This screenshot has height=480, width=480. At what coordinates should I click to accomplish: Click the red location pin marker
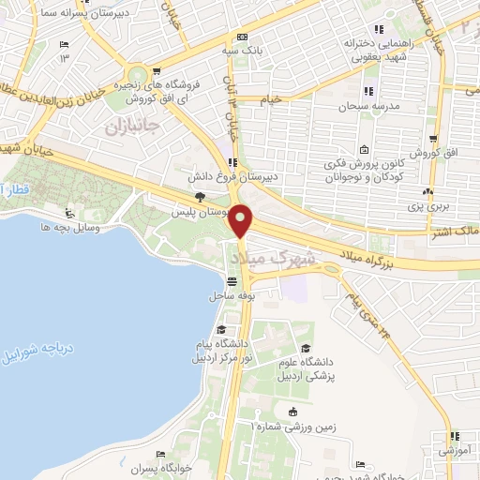[242, 221]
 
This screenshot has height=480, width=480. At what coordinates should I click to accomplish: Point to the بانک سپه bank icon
[242, 37]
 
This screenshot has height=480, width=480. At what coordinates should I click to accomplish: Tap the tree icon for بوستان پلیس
[200, 196]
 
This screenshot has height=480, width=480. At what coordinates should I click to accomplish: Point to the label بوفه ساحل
[228, 295]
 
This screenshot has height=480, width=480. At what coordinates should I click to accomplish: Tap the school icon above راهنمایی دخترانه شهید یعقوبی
[381, 28]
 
